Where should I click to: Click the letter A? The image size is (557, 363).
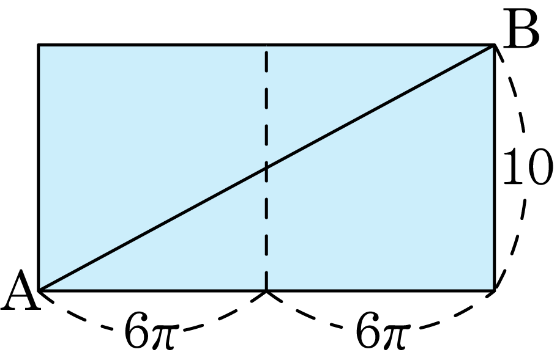[x=21, y=290]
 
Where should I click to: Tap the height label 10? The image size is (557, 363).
[x=528, y=167]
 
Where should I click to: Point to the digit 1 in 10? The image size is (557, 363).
[x=513, y=167]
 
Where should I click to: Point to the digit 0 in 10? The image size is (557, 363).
[x=539, y=167]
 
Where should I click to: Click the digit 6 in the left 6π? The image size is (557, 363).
[x=137, y=331]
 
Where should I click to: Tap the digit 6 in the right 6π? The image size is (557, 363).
[x=368, y=331]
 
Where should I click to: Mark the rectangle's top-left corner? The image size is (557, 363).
[x=39, y=45]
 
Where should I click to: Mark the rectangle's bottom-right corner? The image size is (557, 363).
[x=494, y=290]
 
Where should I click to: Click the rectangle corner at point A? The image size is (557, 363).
[x=39, y=290]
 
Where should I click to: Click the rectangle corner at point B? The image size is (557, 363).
[x=494, y=45]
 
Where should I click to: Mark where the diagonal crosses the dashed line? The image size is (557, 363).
[x=266, y=167]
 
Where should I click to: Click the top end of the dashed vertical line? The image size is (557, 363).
[x=266, y=45]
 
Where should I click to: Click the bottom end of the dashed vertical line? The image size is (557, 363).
[x=266, y=290]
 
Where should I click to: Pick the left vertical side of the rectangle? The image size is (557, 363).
[x=39, y=167]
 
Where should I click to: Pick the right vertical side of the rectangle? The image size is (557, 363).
[x=494, y=167]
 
